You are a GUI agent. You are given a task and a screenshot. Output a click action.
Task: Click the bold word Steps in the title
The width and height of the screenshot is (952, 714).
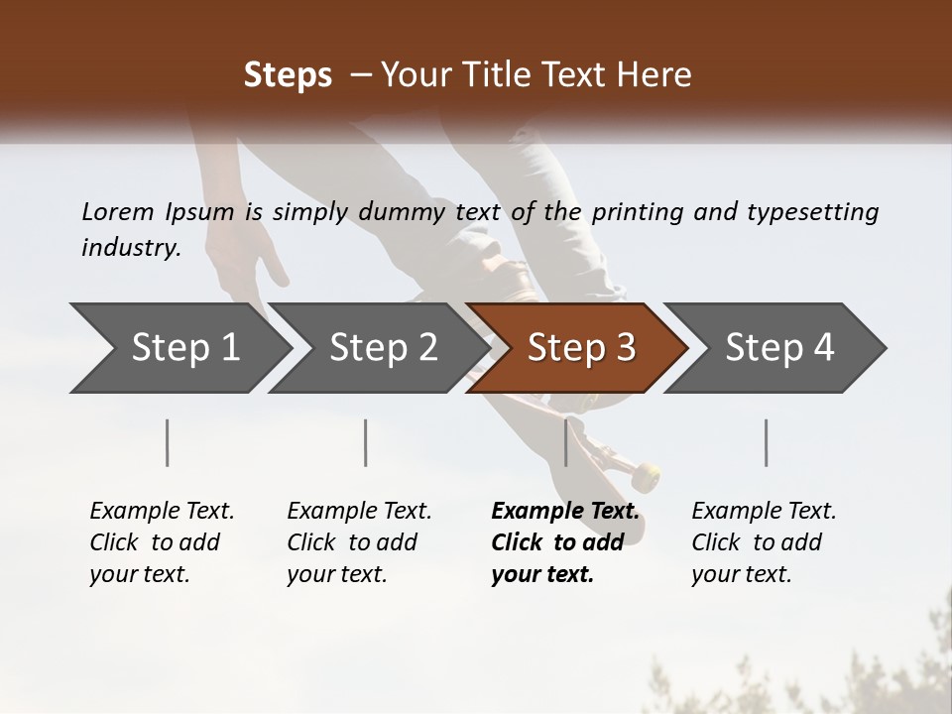pos(288,75)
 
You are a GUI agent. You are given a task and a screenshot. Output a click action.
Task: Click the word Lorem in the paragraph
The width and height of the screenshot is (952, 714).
pos(118,212)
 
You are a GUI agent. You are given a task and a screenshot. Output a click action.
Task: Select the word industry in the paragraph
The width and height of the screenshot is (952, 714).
pos(130,248)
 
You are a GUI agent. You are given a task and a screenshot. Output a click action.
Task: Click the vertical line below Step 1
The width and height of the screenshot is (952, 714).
pos(168,442)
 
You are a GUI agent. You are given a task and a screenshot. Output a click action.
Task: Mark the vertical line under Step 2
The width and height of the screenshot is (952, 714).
pos(366,442)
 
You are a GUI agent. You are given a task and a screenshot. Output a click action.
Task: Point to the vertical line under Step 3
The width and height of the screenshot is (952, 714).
pos(566,442)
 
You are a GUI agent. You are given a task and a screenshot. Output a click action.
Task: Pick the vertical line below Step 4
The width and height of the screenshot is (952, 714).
pos(766,442)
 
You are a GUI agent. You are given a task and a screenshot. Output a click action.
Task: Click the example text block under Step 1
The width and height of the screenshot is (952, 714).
pos(162,542)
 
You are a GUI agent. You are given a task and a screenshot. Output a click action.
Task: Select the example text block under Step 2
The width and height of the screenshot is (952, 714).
pos(359,542)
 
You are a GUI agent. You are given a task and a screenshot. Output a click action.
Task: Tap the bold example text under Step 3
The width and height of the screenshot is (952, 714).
pos(564,542)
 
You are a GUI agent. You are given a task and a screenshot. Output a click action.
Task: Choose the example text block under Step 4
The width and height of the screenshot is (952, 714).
pos(764,542)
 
